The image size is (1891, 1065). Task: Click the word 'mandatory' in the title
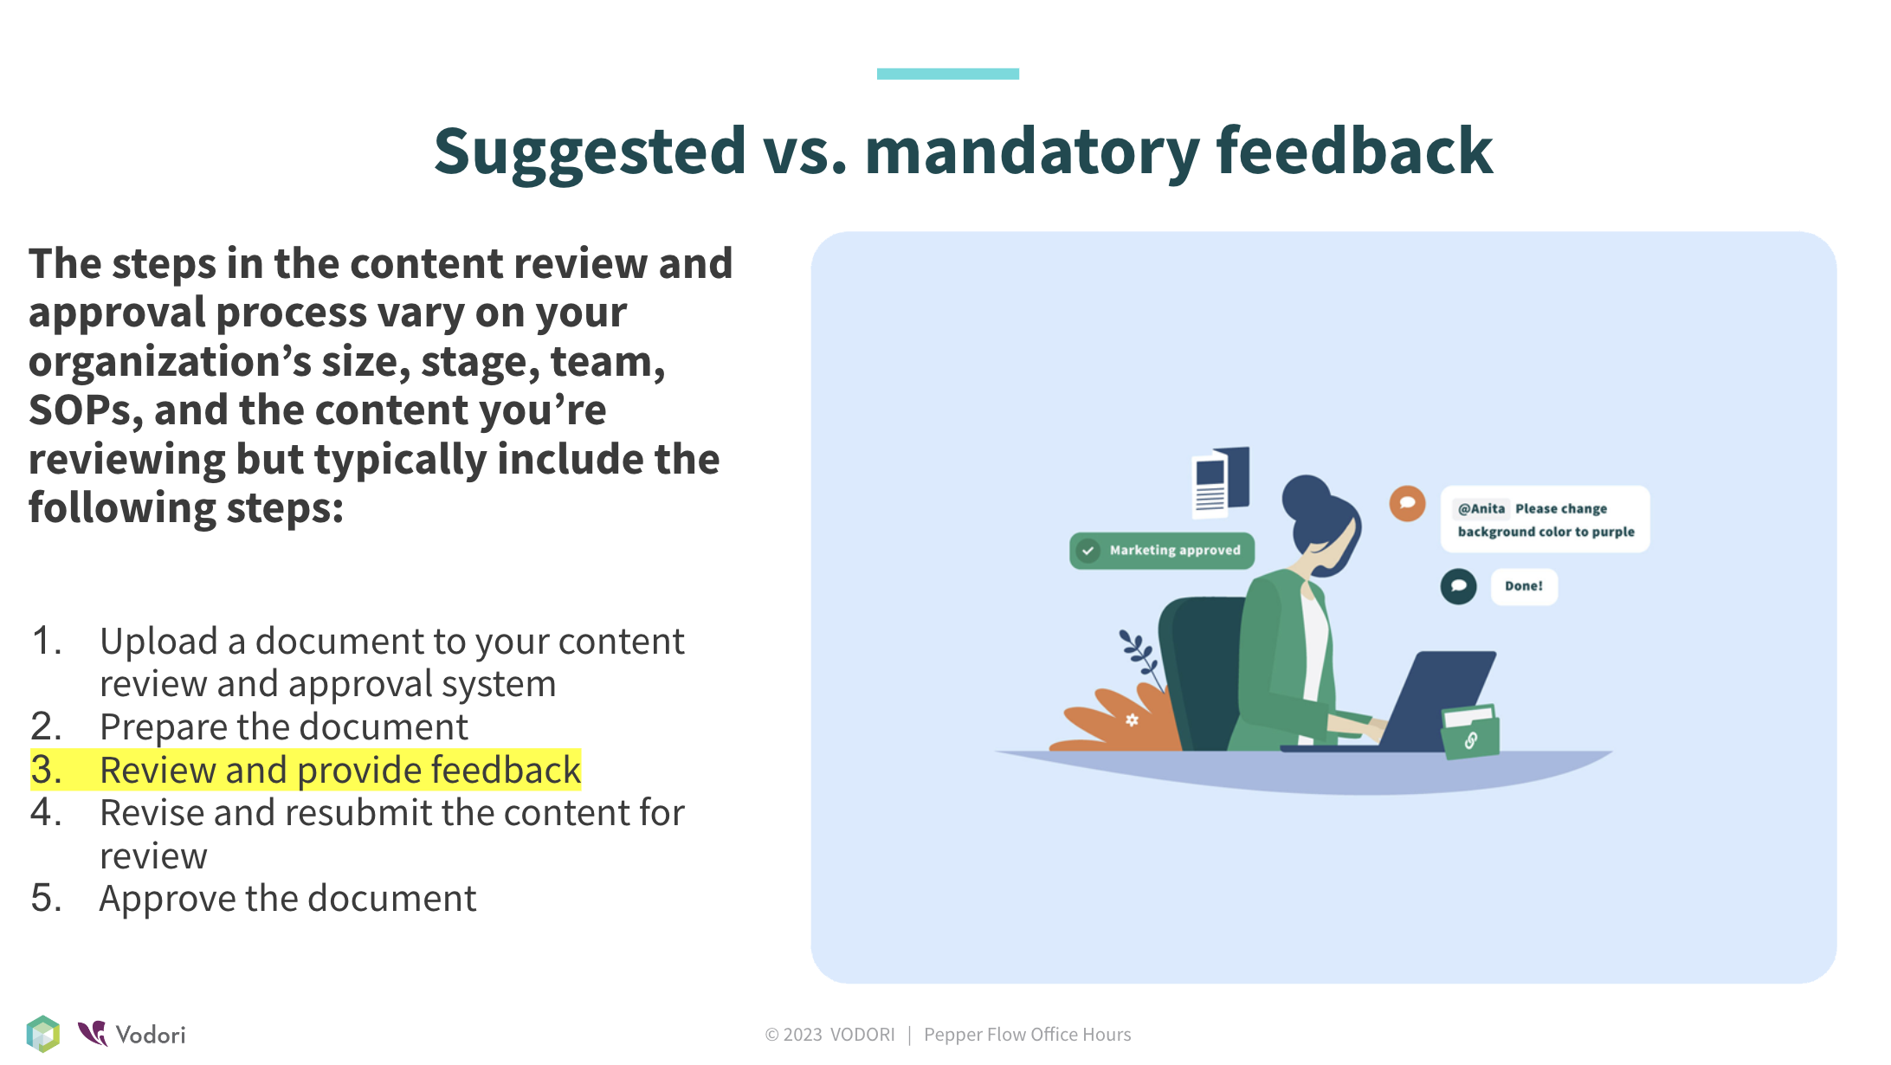(x=1032, y=152)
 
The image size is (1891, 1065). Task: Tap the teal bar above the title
(x=947, y=74)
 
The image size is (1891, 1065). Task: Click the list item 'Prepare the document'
(x=284, y=726)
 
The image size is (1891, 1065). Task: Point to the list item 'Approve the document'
(x=287, y=899)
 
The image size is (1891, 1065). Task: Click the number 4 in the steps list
(x=45, y=813)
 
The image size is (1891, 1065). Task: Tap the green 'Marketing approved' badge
(x=1162, y=551)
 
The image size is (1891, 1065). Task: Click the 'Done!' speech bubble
(x=1524, y=586)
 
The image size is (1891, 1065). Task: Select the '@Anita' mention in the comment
(x=1481, y=508)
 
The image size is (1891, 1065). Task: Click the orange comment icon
(x=1407, y=503)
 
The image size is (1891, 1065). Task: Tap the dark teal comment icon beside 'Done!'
(x=1458, y=586)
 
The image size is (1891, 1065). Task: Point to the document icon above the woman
(x=1220, y=483)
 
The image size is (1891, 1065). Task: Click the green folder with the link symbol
(x=1470, y=732)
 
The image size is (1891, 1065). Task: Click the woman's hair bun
(x=1305, y=495)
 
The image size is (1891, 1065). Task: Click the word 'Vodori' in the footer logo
(x=151, y=1035)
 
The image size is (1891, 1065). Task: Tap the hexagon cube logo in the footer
(x=43, y=1034)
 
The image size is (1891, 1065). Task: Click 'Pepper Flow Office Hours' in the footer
(x=1027, y=1035)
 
